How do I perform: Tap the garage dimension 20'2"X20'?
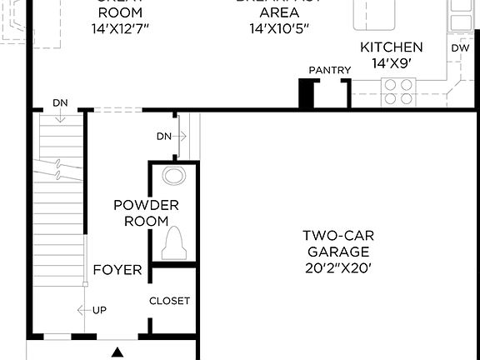pyautogui.click(x=337, y=268)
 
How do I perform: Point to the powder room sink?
pyautogui.click(x=174, y=176)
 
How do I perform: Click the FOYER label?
pyautogui.click(x=117, y=270)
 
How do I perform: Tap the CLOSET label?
pyautogui.click(x=169, y=301)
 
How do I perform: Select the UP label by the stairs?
pyautogui.click(x=99, y=311)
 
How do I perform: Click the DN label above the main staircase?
pyautogui.click(x=60, y=102)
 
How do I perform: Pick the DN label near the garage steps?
pyautogui.click(x=164, y=136)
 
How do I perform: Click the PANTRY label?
pyautogui.click(x=330, y=71)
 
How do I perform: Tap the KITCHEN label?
pyautogui.click(x=391, y=47)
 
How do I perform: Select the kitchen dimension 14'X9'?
pyautogui.click(x=391, y=62)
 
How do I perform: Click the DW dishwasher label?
pyautogui.click(x=461, y=48)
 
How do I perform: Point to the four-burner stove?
pyautogui.click(x=398, y=92)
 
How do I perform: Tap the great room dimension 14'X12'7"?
pyautogui.click(x=120, y=28)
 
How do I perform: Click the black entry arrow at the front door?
pyautogui.click(x=117, y=352)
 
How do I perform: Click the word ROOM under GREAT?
pyautogui.click(x=120, y=13)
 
